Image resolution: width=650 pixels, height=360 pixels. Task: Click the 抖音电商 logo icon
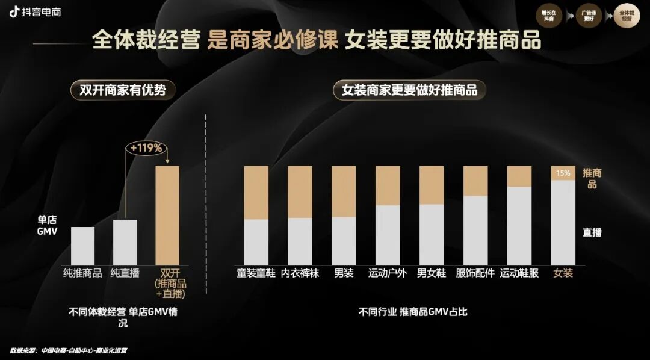(14, 12)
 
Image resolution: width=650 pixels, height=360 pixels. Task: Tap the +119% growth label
(146, 147)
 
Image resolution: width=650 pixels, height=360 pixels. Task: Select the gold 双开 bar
(167, 215)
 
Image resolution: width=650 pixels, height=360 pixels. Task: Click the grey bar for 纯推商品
(82, 246)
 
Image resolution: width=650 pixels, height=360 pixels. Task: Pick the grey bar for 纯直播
(125, 242)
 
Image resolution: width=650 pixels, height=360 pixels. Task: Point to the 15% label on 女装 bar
(563, 173)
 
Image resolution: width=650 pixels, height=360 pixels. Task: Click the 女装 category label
(563, 273)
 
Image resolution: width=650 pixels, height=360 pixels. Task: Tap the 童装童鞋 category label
(256, 273)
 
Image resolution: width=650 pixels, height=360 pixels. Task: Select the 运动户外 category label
(388, 273)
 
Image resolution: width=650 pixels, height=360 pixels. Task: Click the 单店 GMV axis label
(48, 225)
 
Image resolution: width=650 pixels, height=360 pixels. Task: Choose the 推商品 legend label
(592, 178)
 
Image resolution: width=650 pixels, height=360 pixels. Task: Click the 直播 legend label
(592, 232)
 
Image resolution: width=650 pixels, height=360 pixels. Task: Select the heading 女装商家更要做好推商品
(409, 91)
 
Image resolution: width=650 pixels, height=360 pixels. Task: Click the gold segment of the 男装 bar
(344, 191)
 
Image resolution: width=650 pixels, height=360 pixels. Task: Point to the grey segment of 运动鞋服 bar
(519, 226)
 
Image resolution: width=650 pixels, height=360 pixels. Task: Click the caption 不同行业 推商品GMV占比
(413, 312)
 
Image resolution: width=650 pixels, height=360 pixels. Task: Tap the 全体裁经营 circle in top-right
(627, 16)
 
